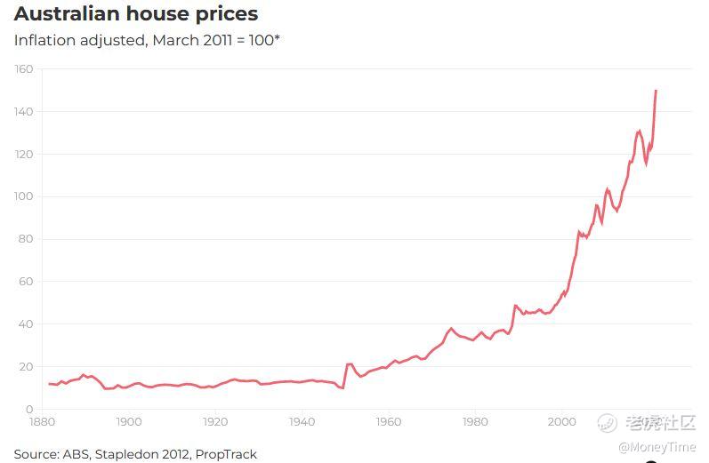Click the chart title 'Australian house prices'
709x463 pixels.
click(x=136, y=14)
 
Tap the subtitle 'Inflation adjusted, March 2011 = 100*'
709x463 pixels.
click(x=147, y=41)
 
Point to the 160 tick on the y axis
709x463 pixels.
click(x=24, y=69)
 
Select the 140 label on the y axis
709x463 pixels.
click(x=24, y=112)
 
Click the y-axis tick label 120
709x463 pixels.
click(x=24, y=155)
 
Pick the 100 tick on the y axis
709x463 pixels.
click(x=24, y=196)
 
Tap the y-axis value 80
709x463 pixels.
click(x=26, y=239)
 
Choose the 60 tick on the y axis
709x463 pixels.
click(x=26, y=282)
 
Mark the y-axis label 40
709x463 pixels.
click(x=26, y=324)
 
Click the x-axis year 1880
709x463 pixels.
click(x=42, y=421)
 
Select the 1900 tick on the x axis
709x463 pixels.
click(x=129, y=421)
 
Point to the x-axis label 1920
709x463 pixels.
click(x=215, y=421)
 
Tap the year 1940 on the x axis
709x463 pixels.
click(x=302, y=421)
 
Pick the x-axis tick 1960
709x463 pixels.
click(x=388, y=421)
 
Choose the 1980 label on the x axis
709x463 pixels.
click(x=475, y=421)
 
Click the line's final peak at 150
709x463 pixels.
click(x=656, y=91)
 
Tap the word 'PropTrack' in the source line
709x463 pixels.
click(x=226, y=454)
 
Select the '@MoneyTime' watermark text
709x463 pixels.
click(x=657, y=447)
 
